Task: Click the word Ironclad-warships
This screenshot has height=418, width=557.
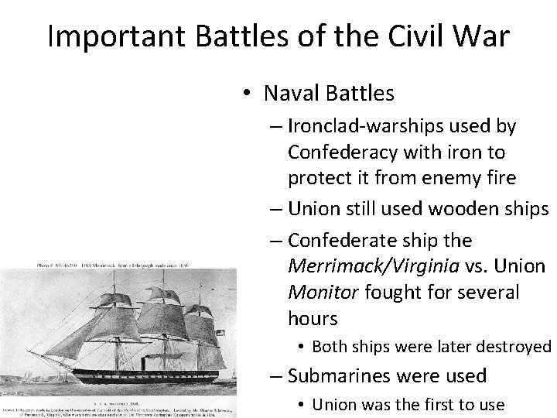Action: click(365, 125)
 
